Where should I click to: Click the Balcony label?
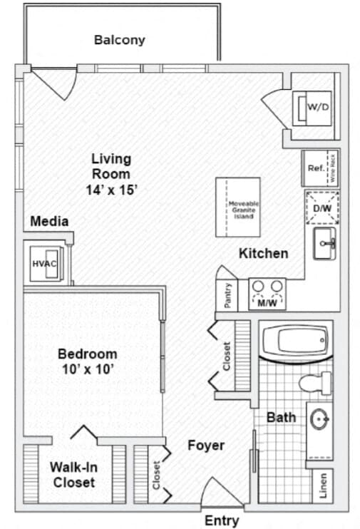point(119,40)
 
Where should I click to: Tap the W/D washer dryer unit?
point(316,108)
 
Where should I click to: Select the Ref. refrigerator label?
point(315,169)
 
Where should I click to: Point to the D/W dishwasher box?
point(322,207)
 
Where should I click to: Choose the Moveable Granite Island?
point(238,207)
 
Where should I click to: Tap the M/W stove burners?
point(267,292)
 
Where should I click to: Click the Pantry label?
point(227,296)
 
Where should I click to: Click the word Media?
point(49,221)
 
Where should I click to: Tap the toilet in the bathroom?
point(316,383)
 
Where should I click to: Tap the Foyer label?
point(206,446)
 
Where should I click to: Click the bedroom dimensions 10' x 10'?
point(87,369)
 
